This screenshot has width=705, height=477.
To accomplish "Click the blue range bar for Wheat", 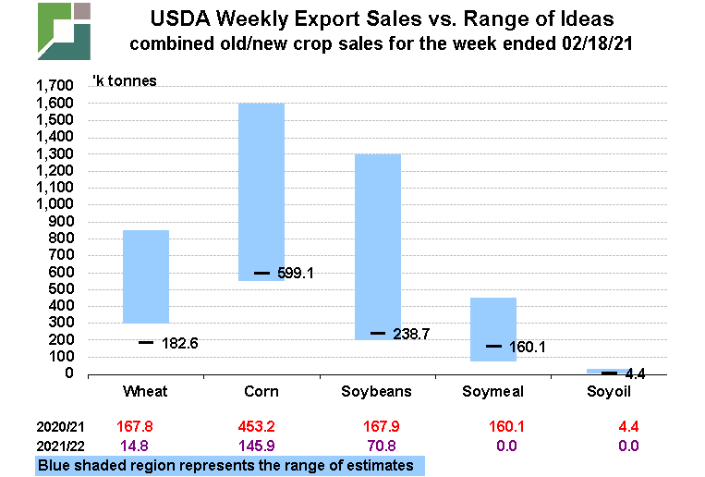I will click(x=146, y=275).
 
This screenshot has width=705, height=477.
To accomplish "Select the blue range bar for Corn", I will click(x=261, y=191).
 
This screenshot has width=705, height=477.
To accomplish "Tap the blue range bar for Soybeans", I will click(x=378, y=247).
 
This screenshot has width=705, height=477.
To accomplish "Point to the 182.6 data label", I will click(x=179, y=343).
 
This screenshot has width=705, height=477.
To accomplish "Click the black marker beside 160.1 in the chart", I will click(x=493, y=347).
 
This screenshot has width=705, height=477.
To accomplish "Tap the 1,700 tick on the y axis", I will click(x=53, y=86).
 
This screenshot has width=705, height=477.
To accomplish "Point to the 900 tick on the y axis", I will click(x=60, y=222).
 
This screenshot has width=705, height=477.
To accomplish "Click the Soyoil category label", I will click(x=609, y=392).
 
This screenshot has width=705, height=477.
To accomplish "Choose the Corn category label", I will click(x=261, y=392).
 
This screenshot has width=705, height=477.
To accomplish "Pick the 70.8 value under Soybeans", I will click(x=378, y=446).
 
